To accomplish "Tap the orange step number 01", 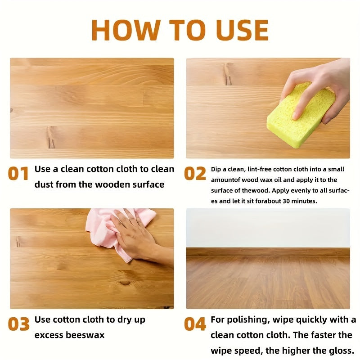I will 18,174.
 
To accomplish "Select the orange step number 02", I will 195,174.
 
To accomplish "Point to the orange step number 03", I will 18,324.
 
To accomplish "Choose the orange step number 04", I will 195,324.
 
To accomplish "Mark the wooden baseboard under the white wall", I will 268,252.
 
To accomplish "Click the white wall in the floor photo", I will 268,227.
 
